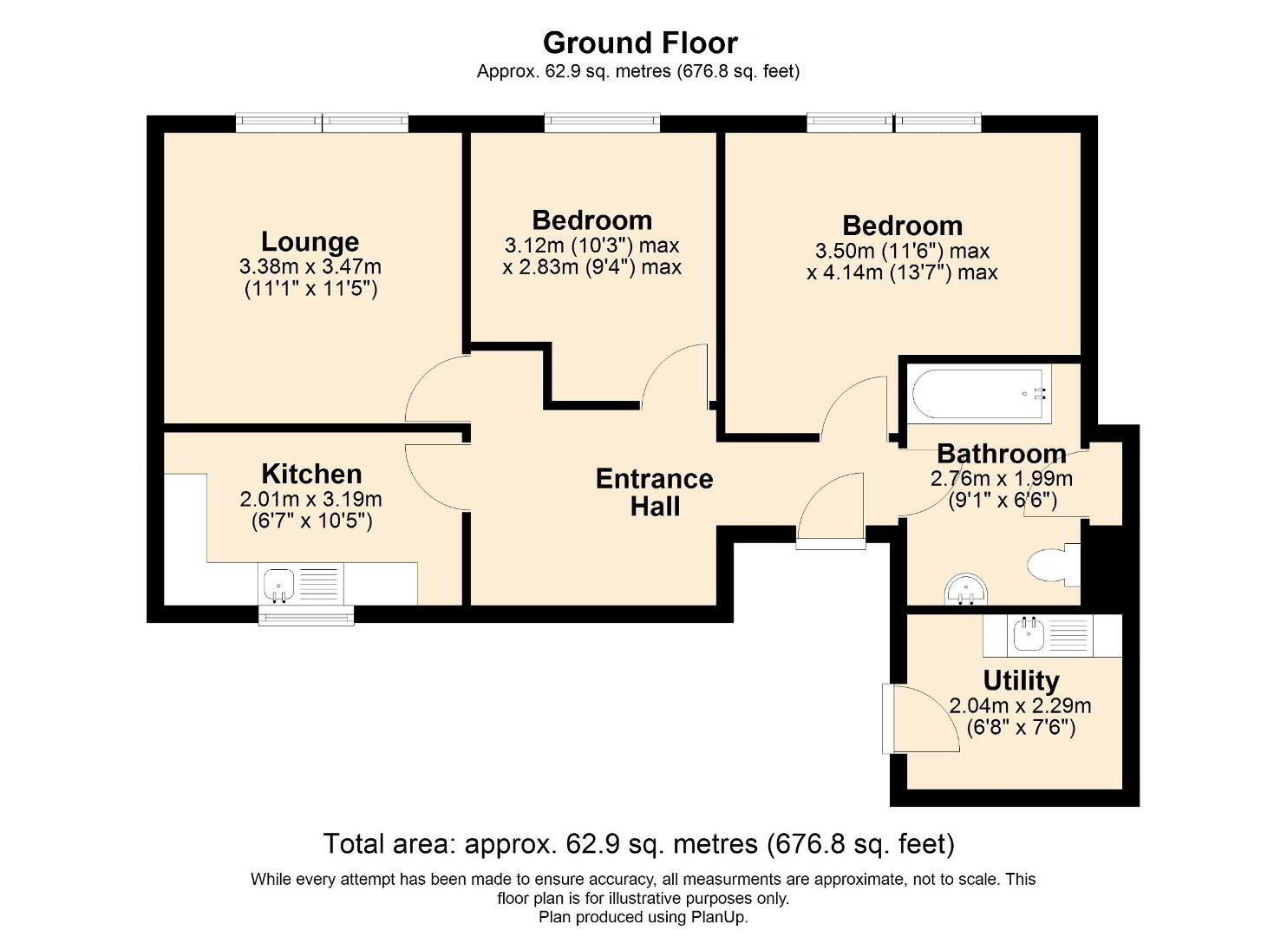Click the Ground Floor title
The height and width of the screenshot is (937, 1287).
tap(640, 43)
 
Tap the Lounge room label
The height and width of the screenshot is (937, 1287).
tap(310, 241)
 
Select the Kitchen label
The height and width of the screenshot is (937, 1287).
tap(312, 475)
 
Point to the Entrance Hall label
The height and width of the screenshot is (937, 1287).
tap(655, 493)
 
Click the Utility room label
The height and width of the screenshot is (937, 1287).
tap(1021, 680)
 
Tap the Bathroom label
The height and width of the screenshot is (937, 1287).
tap(1002, 454)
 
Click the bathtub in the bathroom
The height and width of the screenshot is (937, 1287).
tap(982, 394)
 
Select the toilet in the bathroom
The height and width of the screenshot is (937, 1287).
tap(1054, 565)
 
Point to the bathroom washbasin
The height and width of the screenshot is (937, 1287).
tap(966, 589)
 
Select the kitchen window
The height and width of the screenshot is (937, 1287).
tap(306, 616)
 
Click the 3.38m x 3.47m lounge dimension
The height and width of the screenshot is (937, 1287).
tap(310, 266)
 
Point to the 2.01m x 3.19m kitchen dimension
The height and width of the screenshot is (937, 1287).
tap(310, 499)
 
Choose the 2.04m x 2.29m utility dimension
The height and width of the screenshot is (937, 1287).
tap(1020, 705)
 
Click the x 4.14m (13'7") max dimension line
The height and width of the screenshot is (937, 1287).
tap(902, 272)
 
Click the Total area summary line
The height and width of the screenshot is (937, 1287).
tap(639, 844)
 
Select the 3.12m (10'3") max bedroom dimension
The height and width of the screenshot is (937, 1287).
tap(591, 246)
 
